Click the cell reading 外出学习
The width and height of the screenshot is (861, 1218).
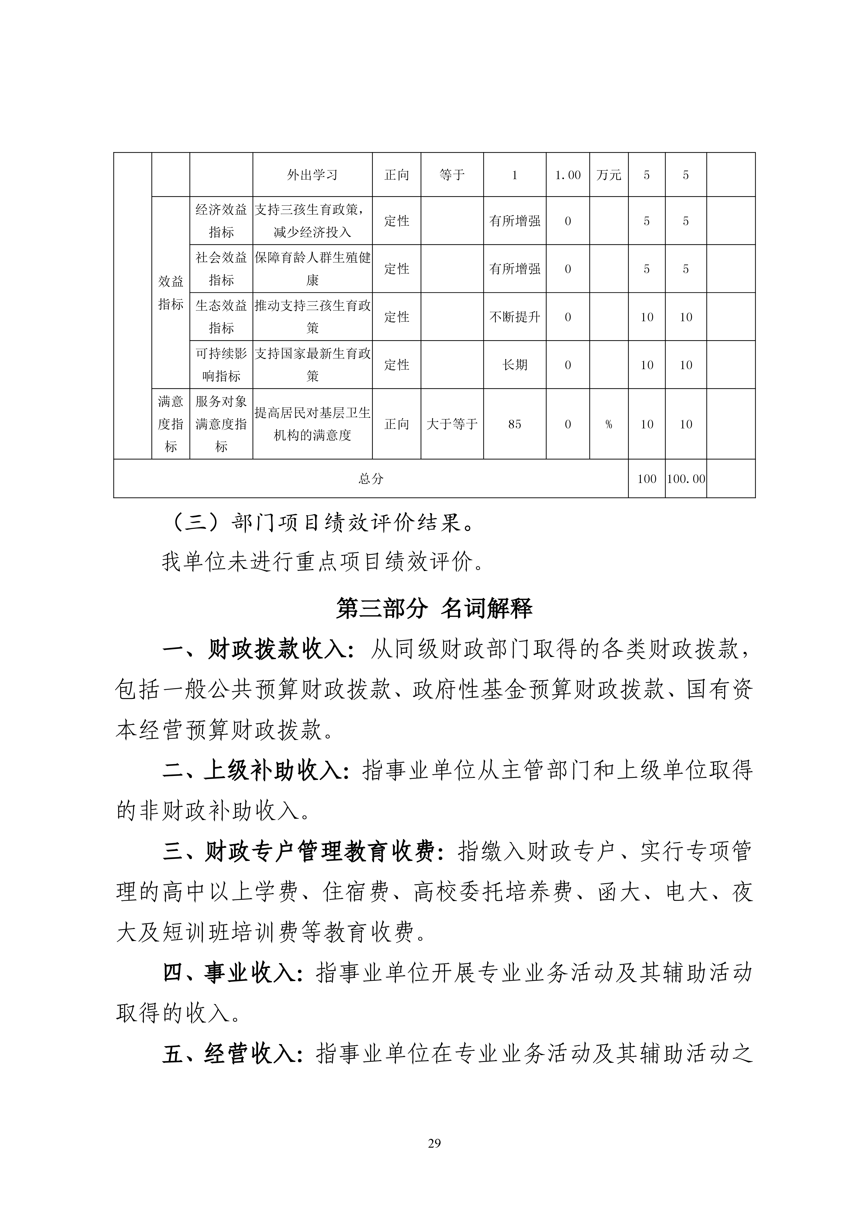312,175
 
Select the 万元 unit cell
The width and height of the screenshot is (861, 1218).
608,175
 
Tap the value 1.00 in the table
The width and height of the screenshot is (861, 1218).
567,175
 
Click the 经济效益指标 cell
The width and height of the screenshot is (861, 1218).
221,221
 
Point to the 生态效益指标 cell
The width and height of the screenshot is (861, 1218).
221,317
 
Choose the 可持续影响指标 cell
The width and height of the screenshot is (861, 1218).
221,364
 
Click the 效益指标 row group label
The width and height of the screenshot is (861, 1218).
170,292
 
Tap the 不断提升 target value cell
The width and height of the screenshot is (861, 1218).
514,317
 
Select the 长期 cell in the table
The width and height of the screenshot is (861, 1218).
514,364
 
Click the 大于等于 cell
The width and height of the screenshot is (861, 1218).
452,424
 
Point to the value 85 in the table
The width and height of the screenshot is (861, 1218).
514,424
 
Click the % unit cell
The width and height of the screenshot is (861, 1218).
608,424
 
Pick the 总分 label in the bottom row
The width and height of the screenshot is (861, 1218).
370,479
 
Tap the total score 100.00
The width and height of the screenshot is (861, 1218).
686,479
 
